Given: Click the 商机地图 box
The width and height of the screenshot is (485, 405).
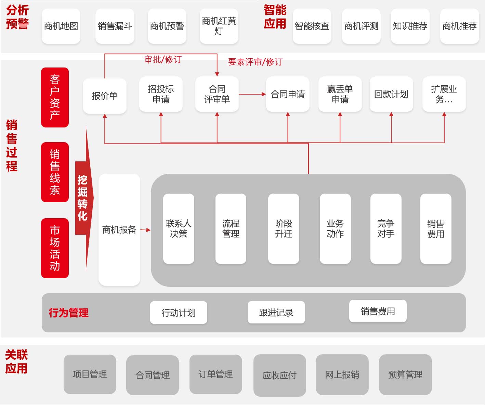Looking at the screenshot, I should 61,26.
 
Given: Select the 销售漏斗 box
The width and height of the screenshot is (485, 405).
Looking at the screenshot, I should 115,26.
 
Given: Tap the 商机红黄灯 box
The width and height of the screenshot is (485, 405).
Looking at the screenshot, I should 219,26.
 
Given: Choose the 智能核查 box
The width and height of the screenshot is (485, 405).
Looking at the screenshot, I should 312,26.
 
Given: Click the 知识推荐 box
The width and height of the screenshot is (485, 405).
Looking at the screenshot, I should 410,26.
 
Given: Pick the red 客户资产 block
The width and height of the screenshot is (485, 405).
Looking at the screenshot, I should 55,97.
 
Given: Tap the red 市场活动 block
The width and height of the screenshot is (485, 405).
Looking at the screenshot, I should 55,248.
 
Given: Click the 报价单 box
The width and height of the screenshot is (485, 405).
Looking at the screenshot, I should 105,96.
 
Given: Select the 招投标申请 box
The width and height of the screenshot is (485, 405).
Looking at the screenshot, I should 161,94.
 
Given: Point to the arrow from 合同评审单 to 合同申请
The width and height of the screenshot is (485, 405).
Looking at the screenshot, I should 252,94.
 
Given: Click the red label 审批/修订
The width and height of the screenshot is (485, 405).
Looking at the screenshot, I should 163,60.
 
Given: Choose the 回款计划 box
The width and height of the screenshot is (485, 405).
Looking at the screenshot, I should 391,94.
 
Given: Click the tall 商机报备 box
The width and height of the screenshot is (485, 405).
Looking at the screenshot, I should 119,230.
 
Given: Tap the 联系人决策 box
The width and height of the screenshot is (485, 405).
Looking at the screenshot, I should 179,229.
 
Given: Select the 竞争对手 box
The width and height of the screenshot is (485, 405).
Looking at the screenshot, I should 386,229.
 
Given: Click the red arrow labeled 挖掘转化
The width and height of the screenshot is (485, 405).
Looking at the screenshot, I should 83,198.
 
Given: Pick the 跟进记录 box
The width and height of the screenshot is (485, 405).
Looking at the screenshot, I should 276,312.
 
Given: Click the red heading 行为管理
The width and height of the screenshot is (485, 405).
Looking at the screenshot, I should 68,313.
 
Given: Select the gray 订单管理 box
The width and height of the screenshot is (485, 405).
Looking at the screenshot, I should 215,374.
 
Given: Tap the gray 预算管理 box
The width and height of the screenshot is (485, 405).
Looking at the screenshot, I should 405,375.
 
